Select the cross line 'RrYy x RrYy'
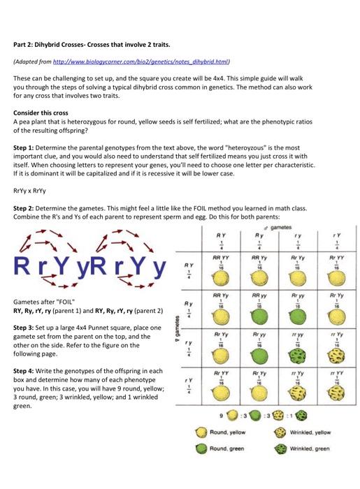pos(30,189)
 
